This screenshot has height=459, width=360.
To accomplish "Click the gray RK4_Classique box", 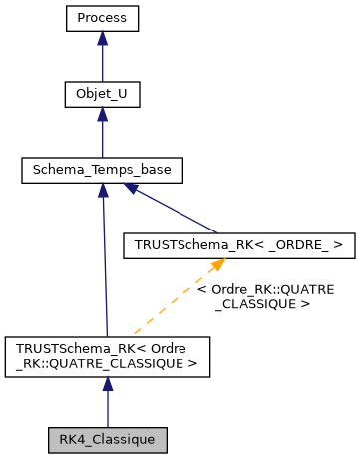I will pos(108,438).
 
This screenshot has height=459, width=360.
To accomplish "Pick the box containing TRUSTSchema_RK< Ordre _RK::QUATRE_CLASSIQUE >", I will pos(108,356).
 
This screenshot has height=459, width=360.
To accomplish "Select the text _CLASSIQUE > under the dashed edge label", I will pos(260,303).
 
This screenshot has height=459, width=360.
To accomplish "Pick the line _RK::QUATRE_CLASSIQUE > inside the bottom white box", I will pos(108,364).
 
